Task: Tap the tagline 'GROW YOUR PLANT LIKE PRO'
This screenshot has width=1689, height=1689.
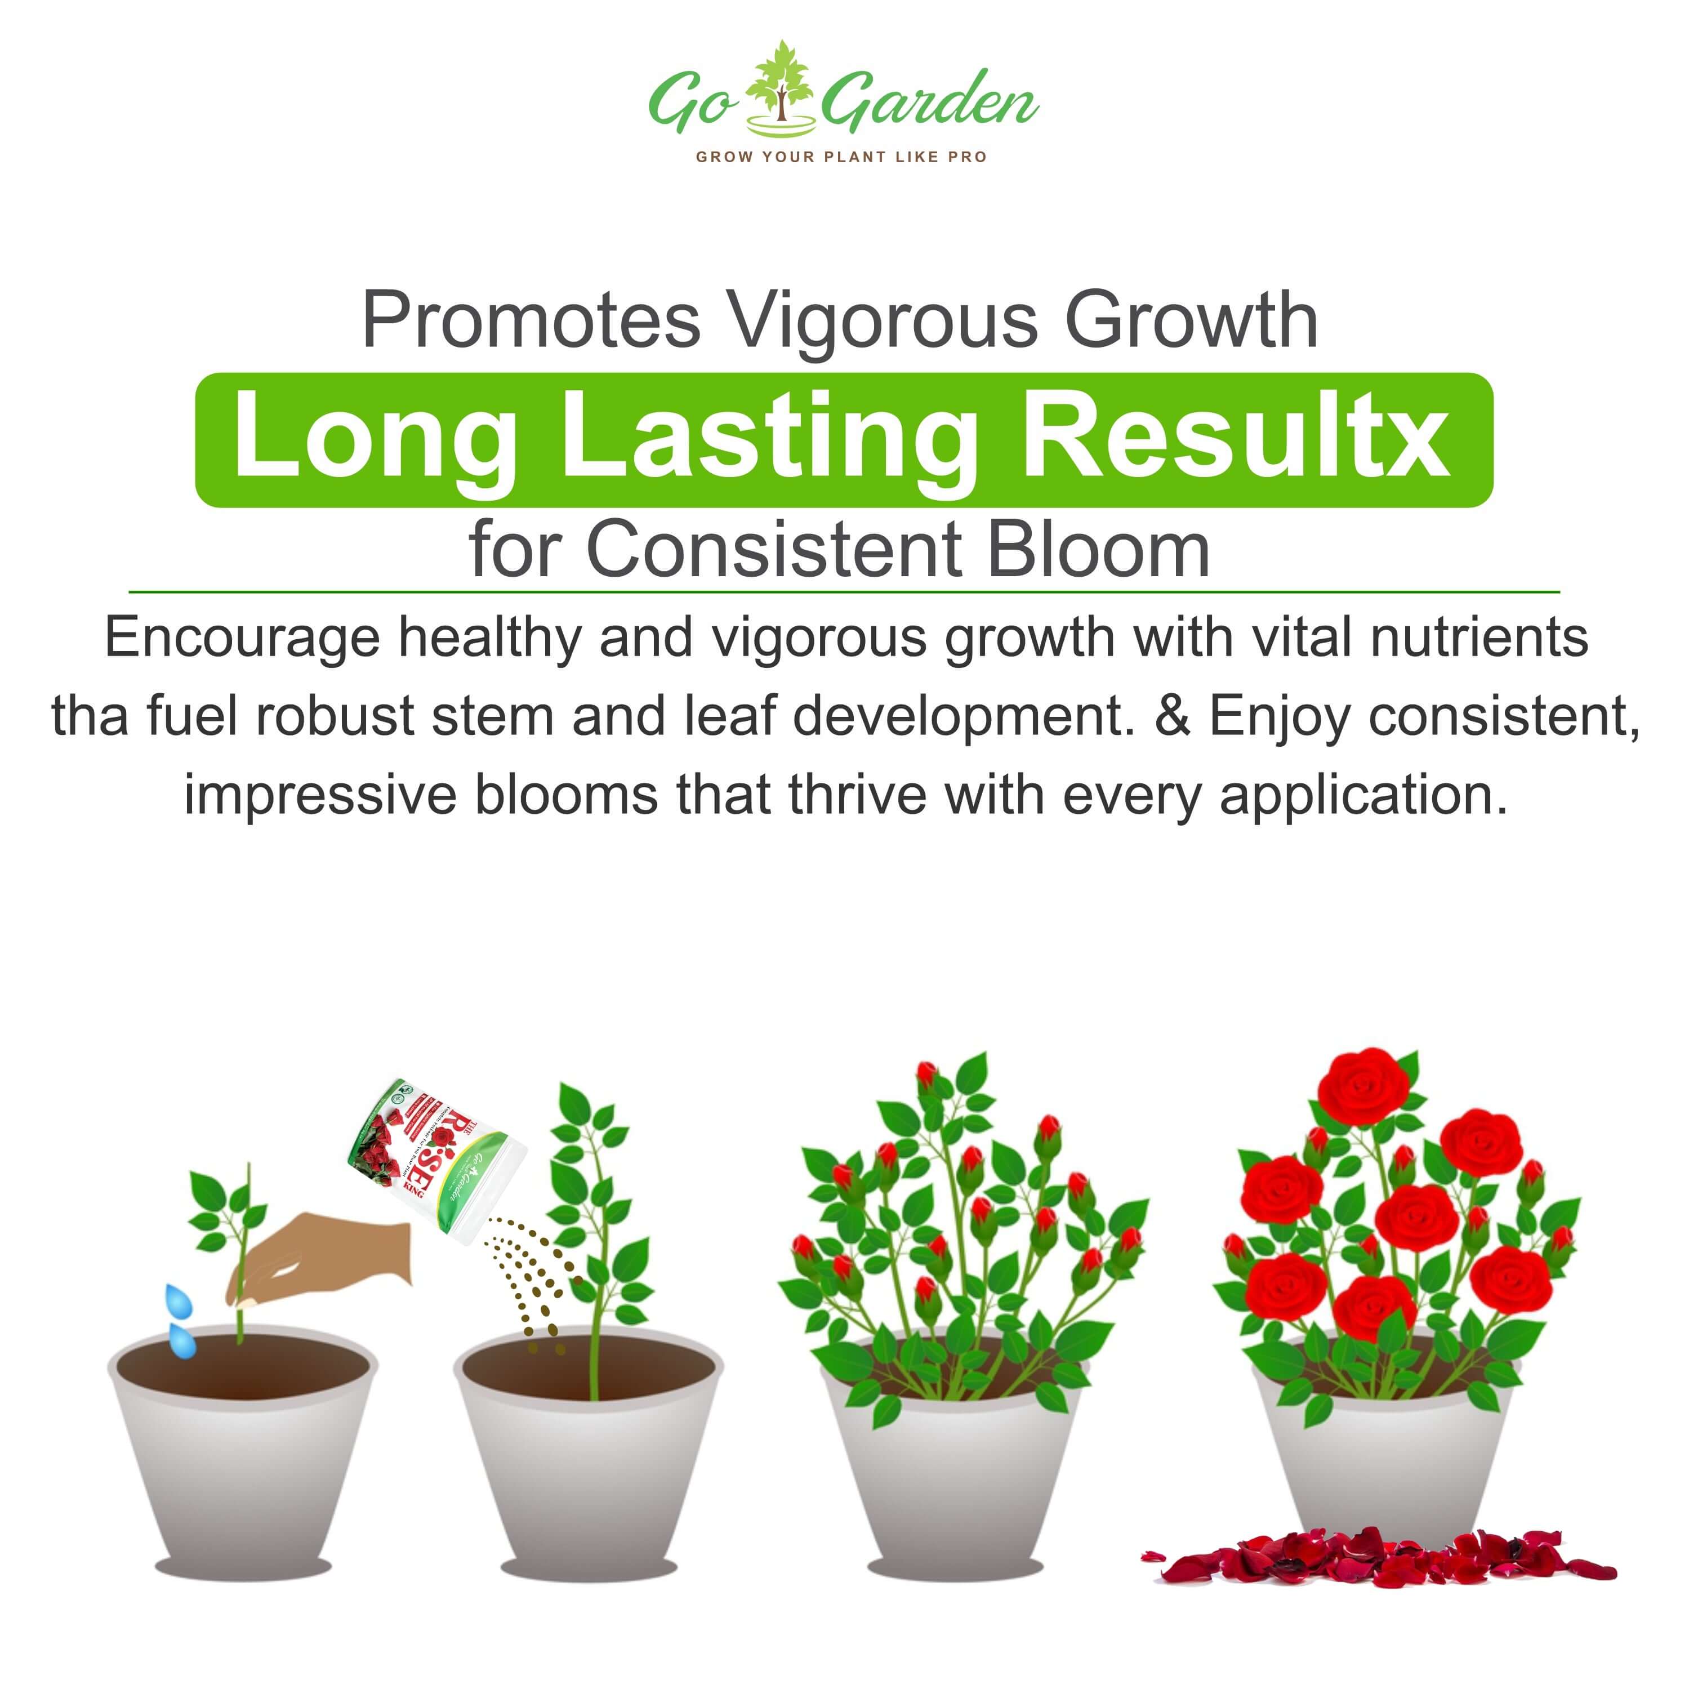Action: coord(841,157)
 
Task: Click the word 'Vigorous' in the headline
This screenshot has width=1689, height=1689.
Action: coord(883,321)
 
